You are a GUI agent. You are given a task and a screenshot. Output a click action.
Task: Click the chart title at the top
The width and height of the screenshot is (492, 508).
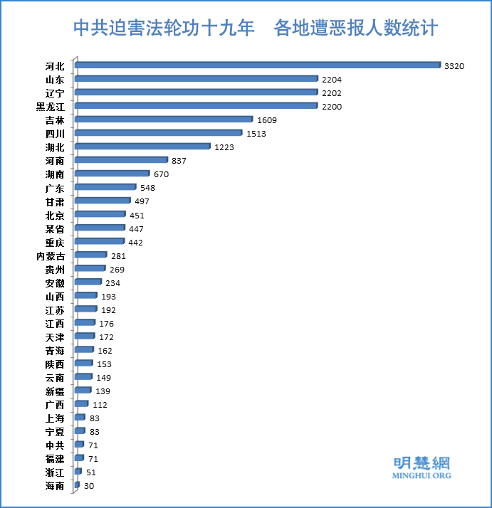pyautogui.click(x=256, y=28)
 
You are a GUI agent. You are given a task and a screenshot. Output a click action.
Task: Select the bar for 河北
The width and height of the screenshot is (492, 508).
pyautogui.click(x=258, y=65)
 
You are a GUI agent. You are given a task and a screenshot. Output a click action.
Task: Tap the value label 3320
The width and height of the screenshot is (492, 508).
pyautogui.click(x=454, y=66)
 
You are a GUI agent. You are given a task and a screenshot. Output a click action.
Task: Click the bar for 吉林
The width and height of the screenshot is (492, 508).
pyautogui.click(x=164, y=120)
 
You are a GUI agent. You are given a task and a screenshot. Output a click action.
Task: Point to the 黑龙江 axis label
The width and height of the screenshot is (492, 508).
pyautogui.click(x=50, y=107)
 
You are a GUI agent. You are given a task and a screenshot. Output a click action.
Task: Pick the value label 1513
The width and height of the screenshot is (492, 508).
pyautogui.click(x=255, y=134)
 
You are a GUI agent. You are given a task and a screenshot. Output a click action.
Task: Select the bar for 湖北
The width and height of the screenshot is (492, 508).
pyautogui.click(x=142, y=147)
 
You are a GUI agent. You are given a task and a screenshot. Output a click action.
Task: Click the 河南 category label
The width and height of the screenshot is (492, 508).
pyautogui.click(x=55, y=161)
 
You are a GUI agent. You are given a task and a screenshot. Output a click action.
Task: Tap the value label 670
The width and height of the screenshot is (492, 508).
pyautogui.click(x=161, y=174)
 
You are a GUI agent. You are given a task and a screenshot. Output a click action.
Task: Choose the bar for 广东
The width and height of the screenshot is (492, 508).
pyautogui.click(x=105, y=187)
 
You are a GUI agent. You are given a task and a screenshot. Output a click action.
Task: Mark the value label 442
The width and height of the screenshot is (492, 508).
pyautogui.click(x=135, y=243)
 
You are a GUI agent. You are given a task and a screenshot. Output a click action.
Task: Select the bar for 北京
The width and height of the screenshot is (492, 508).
pyautogui.click(x=100, y=214)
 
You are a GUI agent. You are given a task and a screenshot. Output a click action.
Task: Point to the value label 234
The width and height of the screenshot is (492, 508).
pyautogui.click(x=112, y=283)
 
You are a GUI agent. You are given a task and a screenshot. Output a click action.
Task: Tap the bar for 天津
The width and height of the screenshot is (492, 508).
pyautogui.click(x=85, y=337)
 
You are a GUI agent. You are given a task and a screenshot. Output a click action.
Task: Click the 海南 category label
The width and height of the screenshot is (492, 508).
pyautogui.click(x=55, y=486)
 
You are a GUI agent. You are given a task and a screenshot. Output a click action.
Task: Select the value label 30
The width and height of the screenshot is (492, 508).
pyautogui.click(x=88, y=486)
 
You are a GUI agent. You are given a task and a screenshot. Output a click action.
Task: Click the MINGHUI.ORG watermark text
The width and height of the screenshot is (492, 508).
pyautogui.click(x=423, y=475)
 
